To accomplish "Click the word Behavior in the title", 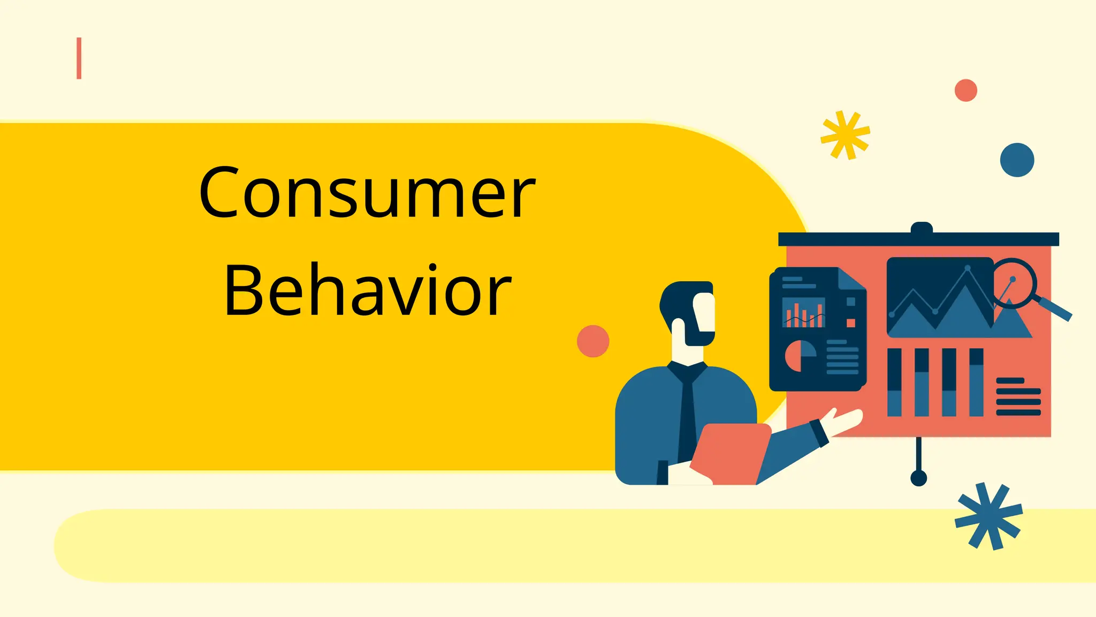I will pos(368,291).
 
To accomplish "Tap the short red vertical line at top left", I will pos(79,58).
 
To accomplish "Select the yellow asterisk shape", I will pos(845,135).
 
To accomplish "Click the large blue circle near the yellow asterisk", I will pos(1017,160).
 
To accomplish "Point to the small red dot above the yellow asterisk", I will pos(966,90).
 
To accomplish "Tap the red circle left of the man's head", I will pos(593,341).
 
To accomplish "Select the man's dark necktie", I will pos(687,412).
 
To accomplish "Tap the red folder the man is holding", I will pos(731,453).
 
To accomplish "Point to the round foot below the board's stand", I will pos(919,478).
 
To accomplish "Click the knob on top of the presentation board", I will pos(922,228).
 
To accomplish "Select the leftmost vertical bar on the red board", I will pos(894,382).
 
